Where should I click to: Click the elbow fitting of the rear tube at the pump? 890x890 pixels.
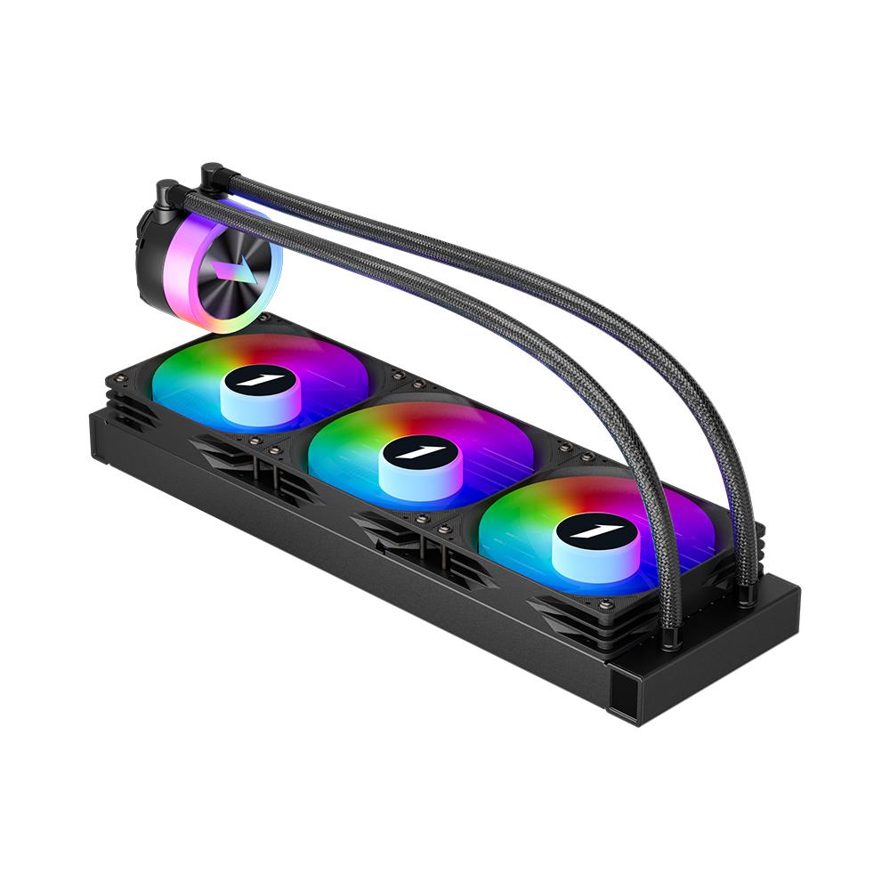(212, 173)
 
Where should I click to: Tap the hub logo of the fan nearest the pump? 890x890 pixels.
(255, 380)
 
